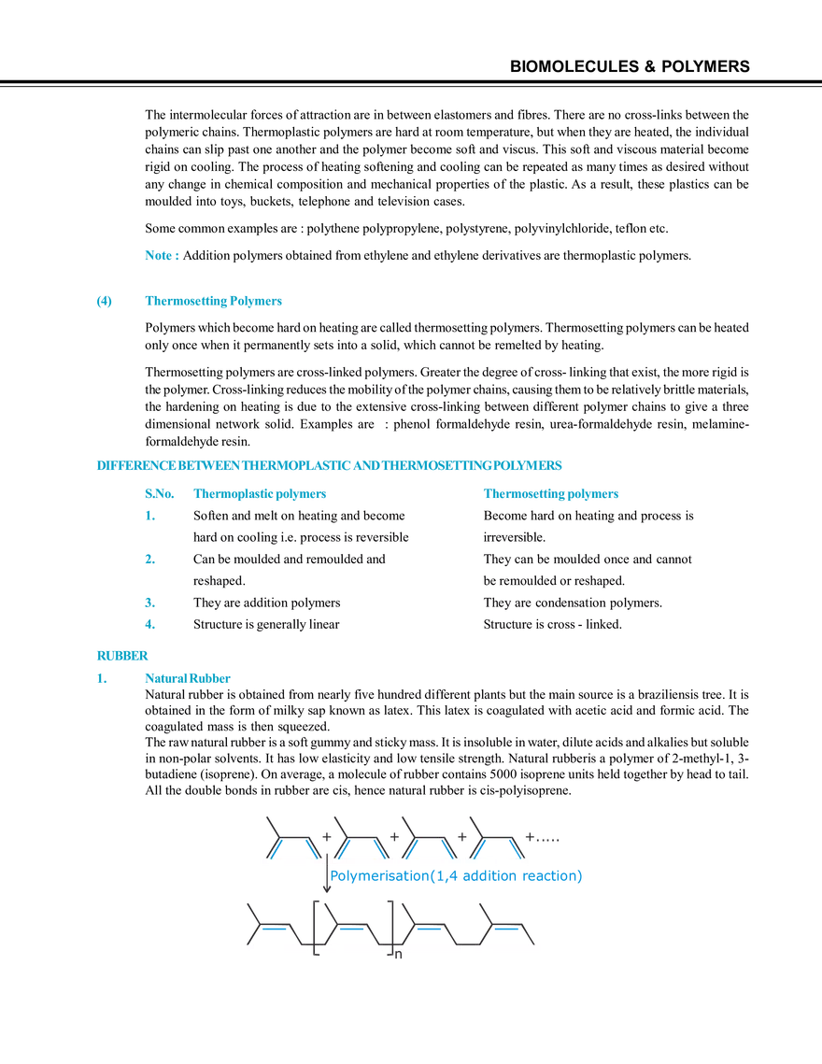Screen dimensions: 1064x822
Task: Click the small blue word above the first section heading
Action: point(160,254)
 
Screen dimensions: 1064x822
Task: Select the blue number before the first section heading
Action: point(105,302)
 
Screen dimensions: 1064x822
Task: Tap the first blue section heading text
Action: point(213,302)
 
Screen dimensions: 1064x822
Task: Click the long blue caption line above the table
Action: point(329,464)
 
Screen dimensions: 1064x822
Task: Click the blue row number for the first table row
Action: point(148,515)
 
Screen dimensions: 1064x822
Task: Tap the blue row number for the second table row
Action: point(148,558)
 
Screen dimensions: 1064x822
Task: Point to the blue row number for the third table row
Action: point(148,599)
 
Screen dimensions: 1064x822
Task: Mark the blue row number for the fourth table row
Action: point(148,619)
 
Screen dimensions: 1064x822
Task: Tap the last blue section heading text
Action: point(187,679)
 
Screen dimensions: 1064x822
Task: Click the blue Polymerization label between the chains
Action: point(457,876)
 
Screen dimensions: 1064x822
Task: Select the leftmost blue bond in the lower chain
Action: point(273,929)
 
